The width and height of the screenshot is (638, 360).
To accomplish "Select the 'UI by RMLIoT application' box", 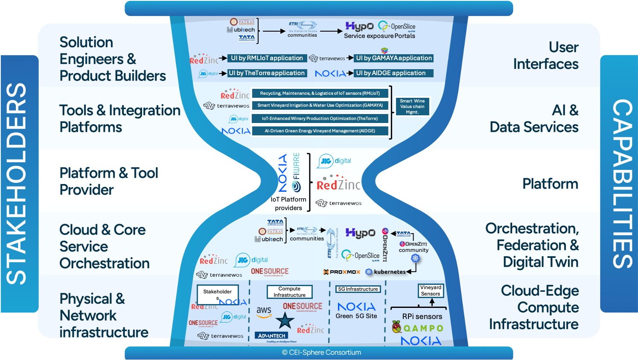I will pos(267,58).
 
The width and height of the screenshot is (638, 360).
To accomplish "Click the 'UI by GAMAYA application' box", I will pos(394,58).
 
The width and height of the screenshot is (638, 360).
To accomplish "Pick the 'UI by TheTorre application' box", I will pos(267,73).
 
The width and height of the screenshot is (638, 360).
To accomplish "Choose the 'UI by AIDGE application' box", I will pos(394,73).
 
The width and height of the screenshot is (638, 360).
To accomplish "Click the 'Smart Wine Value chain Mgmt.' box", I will pos(412,107).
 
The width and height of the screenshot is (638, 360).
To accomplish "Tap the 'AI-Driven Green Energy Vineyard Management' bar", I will pos(320,131).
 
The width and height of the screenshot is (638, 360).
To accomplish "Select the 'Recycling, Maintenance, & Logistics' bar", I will pos(320,93).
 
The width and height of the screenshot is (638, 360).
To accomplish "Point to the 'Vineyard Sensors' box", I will pos(431,291).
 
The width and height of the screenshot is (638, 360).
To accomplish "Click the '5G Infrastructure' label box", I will pos(358,289).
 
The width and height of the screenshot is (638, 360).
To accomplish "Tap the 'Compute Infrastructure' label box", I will pos(289,292).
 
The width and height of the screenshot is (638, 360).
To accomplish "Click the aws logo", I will pos(264,312).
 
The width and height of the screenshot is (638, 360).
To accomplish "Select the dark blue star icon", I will pos(285,320).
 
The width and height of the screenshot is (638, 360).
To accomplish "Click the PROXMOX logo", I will pos(342,272).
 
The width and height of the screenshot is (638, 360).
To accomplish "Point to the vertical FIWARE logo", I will pos(296,167).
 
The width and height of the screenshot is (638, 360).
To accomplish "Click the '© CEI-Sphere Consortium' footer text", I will pos(321,352).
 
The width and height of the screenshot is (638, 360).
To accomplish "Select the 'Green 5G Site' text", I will pos(356,316).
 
